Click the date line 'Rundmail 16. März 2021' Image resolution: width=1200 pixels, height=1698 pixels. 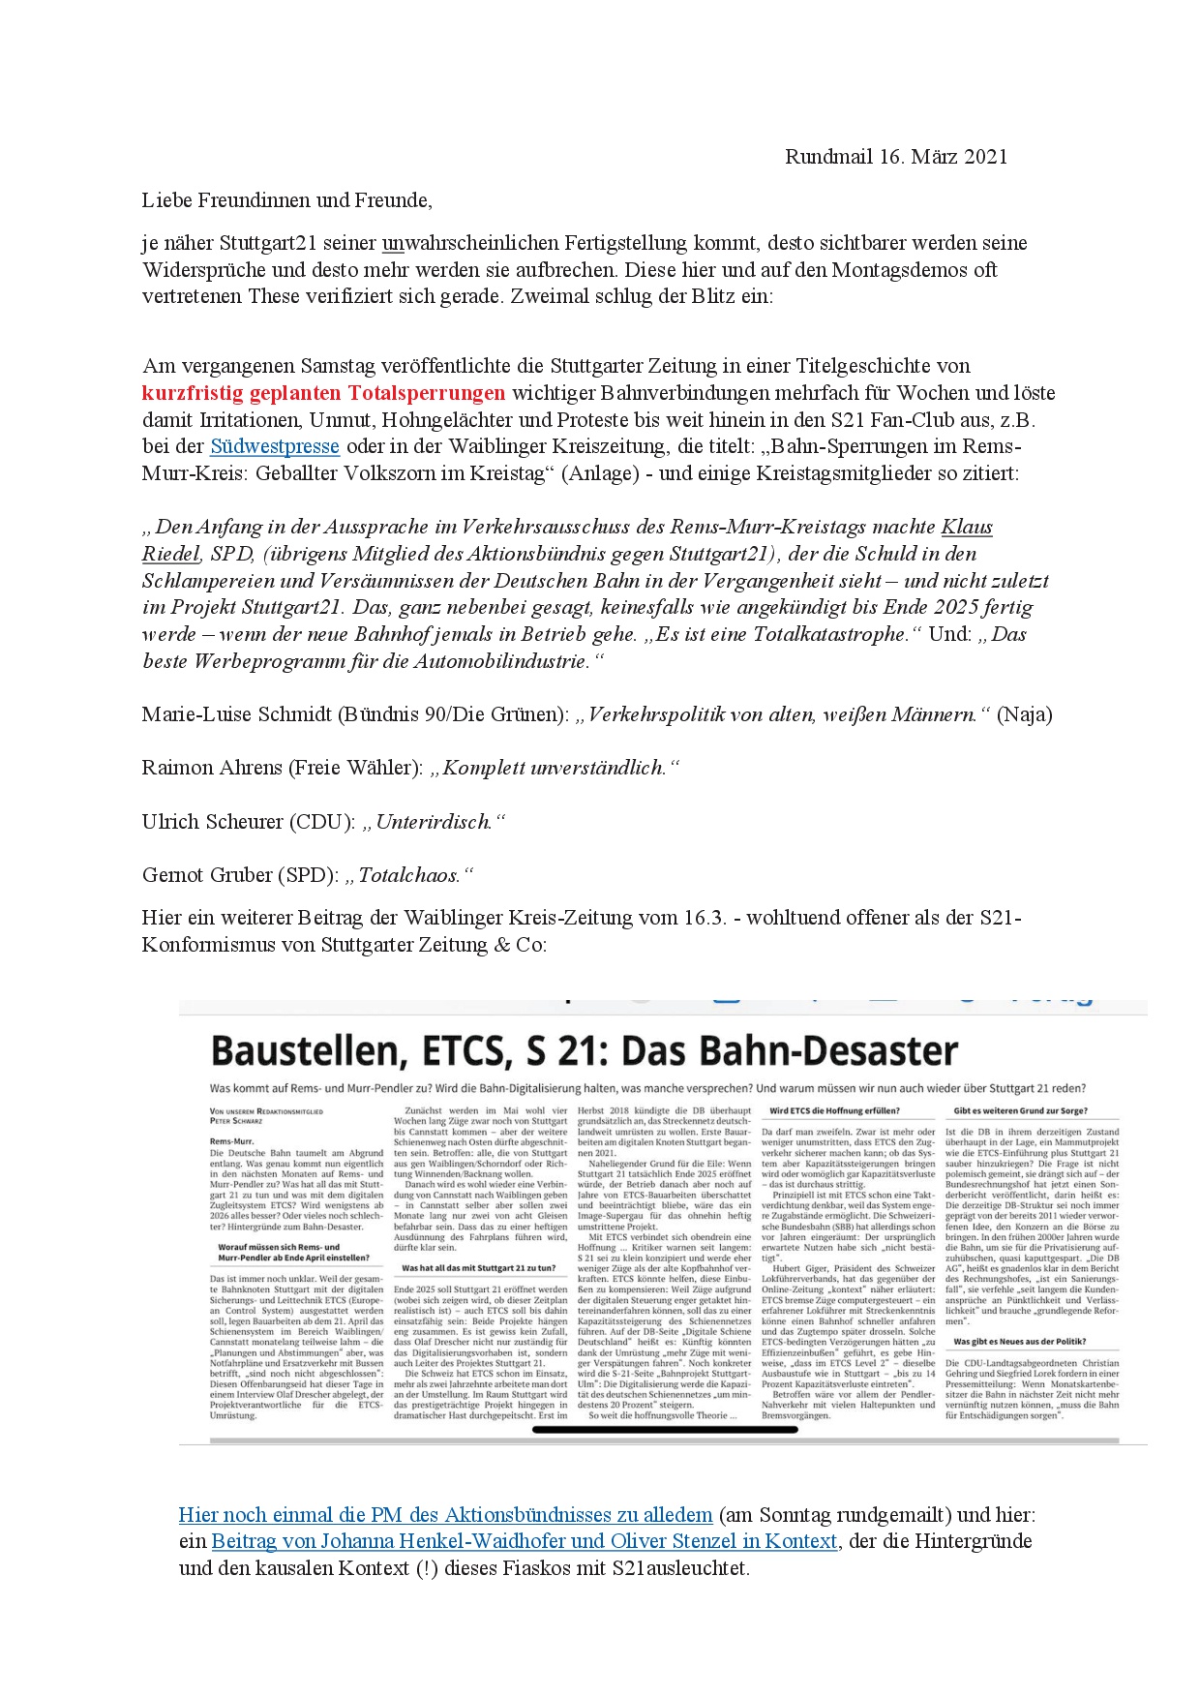coord(895,157)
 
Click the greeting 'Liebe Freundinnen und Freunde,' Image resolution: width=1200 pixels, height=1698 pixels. coord(286,200)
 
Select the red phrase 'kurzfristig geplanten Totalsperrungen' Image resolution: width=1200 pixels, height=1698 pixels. coord(323,393)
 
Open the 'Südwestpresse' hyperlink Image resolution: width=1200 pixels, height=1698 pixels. coord(275,446)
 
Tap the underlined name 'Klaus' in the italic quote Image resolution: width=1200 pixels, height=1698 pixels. coord(967,527)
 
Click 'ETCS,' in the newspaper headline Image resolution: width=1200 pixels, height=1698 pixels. coord(452,1051)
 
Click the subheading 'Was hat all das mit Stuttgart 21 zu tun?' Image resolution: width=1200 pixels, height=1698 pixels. coord(478,1267)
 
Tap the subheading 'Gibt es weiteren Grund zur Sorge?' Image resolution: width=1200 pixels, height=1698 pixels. coord(1020,1110)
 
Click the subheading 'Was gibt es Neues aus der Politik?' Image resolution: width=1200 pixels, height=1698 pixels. coord(1019,1342)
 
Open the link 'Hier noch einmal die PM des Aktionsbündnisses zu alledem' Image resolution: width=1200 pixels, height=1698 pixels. coord(445,1515)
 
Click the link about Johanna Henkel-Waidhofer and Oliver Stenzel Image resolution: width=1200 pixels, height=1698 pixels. coord(524,1541)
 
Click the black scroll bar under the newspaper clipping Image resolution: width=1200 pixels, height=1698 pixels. coord(665,1430)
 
